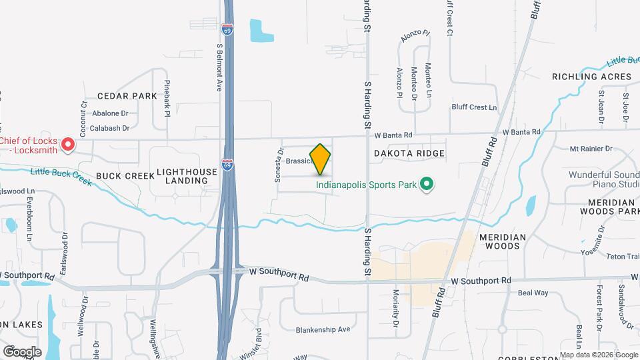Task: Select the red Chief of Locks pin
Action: pos(68,144)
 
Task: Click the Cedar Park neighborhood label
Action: pos(127,96)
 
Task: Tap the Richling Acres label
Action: pos(591,77)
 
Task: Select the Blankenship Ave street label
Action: pos(323,329)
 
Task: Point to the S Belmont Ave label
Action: pos(219,67)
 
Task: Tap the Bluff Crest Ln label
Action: pos(474,107)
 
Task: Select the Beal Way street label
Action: pos(533,293)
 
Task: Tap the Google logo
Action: pos(22,351)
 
